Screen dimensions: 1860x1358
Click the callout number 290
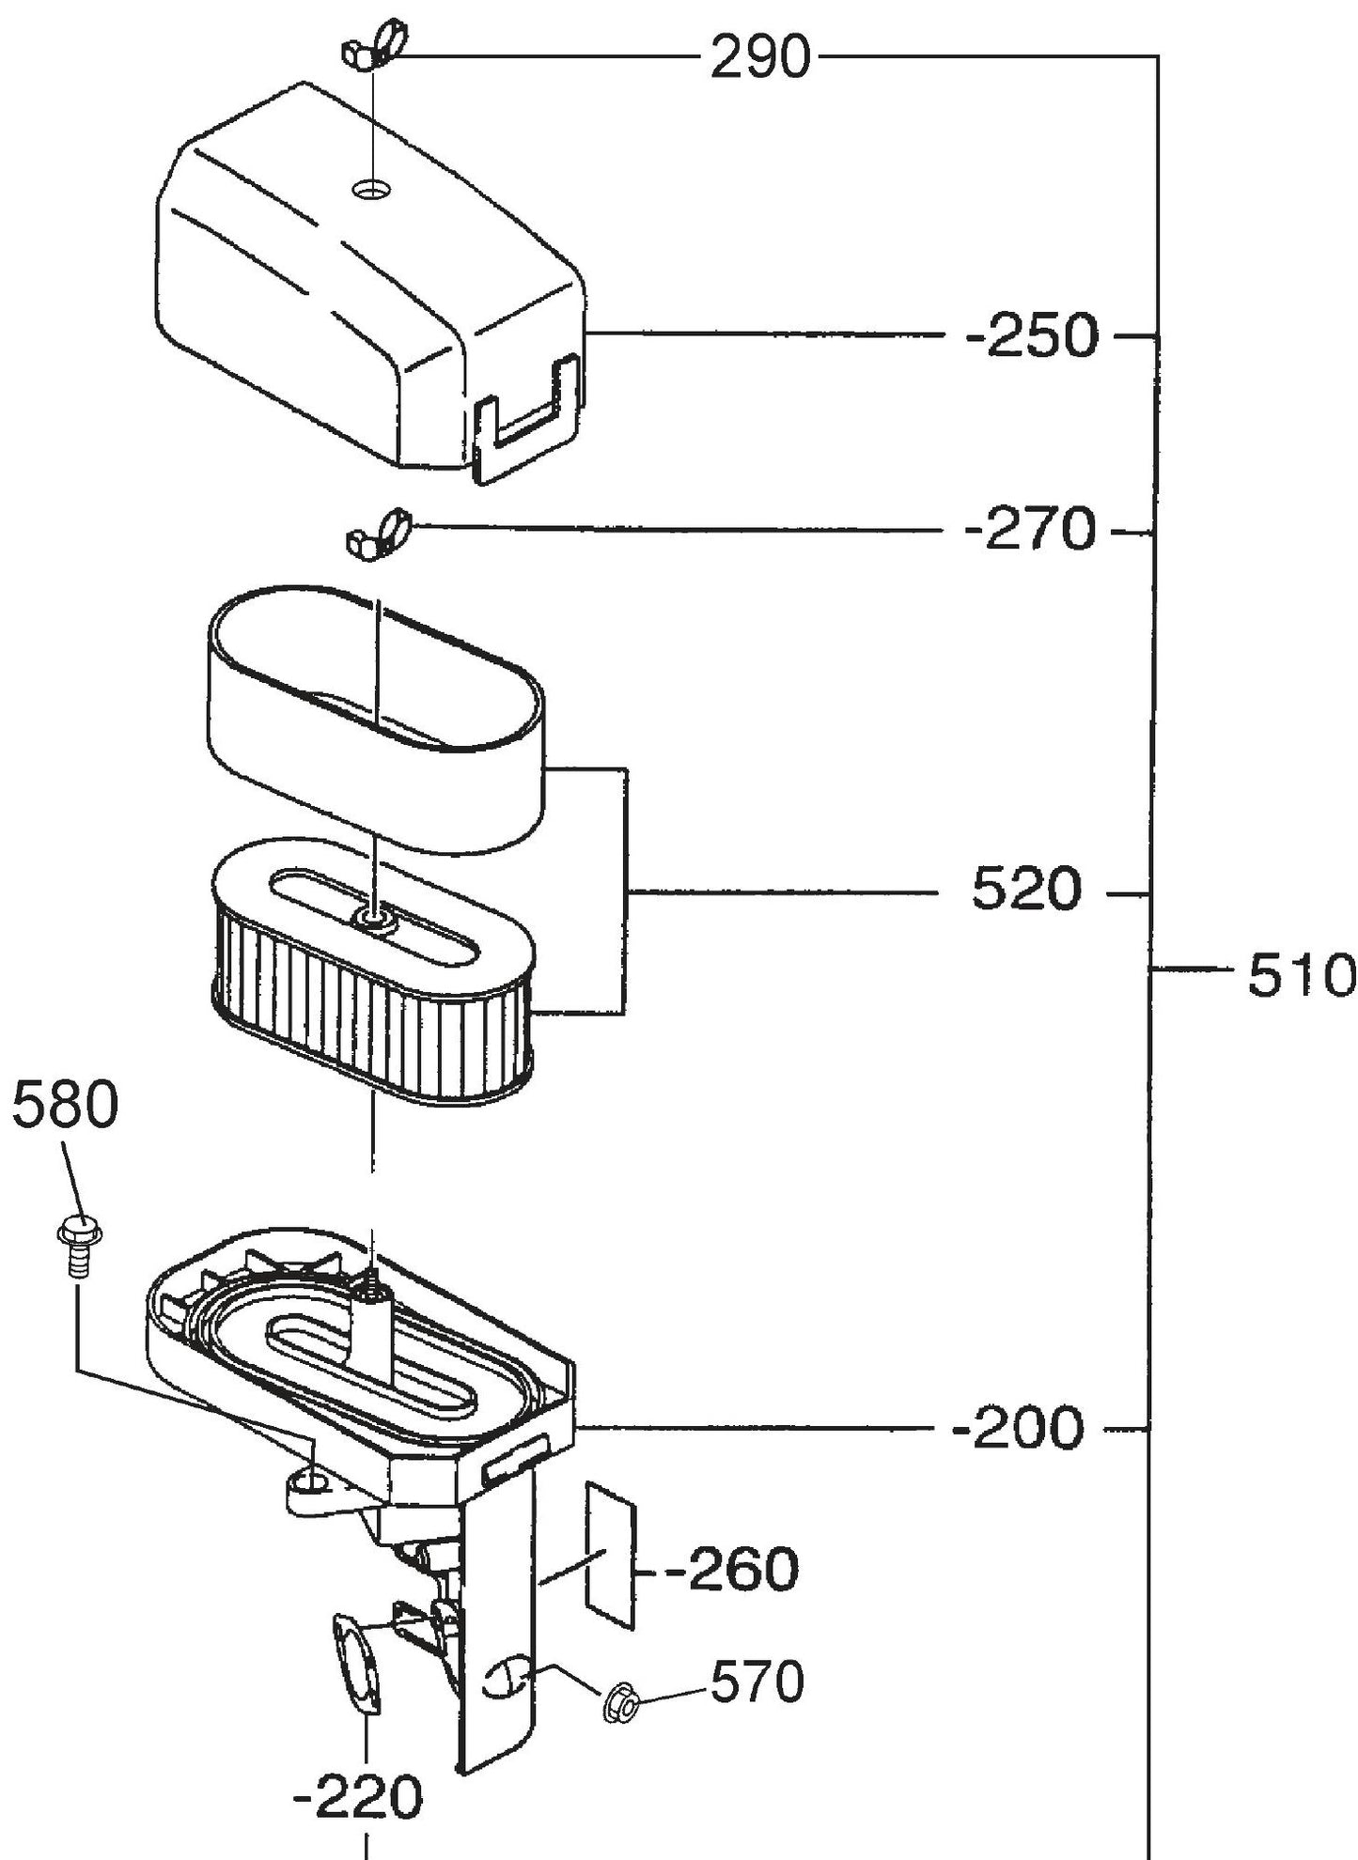click(x=758, y=58)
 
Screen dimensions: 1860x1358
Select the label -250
click(x=1031, y=336)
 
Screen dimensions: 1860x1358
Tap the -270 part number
click(x=1030, y=531)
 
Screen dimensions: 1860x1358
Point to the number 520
click(x=1026, y=890)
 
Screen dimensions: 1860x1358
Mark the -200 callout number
click(x=1018, y=1430)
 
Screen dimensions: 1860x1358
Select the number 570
click(x=757, y=1682)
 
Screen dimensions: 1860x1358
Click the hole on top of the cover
click(x=371, y=191)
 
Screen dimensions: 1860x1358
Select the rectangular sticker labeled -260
click(x=611, y=1554)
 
